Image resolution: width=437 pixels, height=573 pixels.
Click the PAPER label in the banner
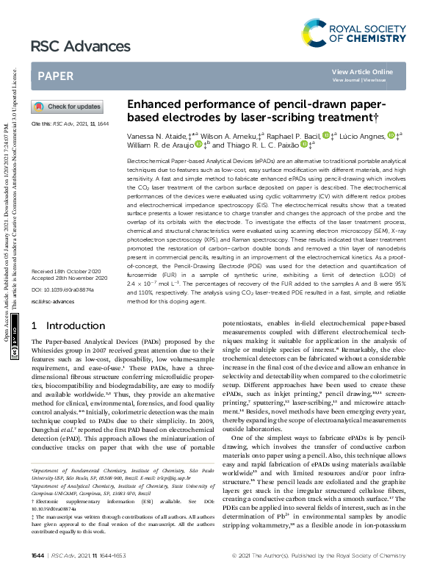point(55,76)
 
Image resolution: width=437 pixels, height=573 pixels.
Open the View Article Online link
point(362,71)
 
